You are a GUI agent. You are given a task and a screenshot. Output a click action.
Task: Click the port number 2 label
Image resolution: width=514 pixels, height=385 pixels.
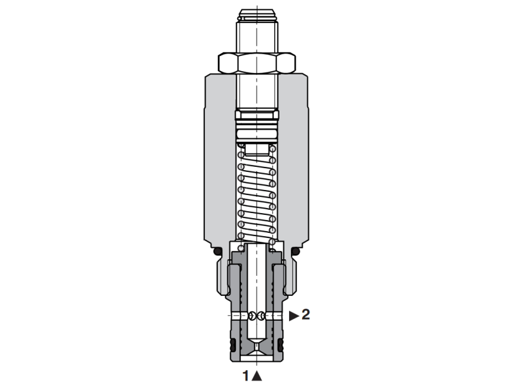[306, 315]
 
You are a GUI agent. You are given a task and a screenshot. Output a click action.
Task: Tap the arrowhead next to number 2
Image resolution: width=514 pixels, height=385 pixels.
[294, 315]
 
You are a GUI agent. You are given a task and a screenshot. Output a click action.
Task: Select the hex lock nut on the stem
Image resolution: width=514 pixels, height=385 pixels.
[257, 63]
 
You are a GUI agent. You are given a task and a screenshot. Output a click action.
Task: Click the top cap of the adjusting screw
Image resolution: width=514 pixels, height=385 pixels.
[257, 14]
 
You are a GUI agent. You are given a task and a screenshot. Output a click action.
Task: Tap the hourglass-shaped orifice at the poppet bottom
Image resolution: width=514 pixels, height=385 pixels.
[257, 346]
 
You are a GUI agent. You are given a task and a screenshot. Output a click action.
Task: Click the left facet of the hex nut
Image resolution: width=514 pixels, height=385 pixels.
[226, 63]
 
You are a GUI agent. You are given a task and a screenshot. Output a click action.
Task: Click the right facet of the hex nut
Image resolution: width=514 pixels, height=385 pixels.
[288, 63]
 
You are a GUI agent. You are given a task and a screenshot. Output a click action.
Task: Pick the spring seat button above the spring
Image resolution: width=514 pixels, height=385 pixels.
[257, 149]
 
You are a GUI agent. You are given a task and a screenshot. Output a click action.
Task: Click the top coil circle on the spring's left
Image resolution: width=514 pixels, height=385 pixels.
[242, 152]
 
